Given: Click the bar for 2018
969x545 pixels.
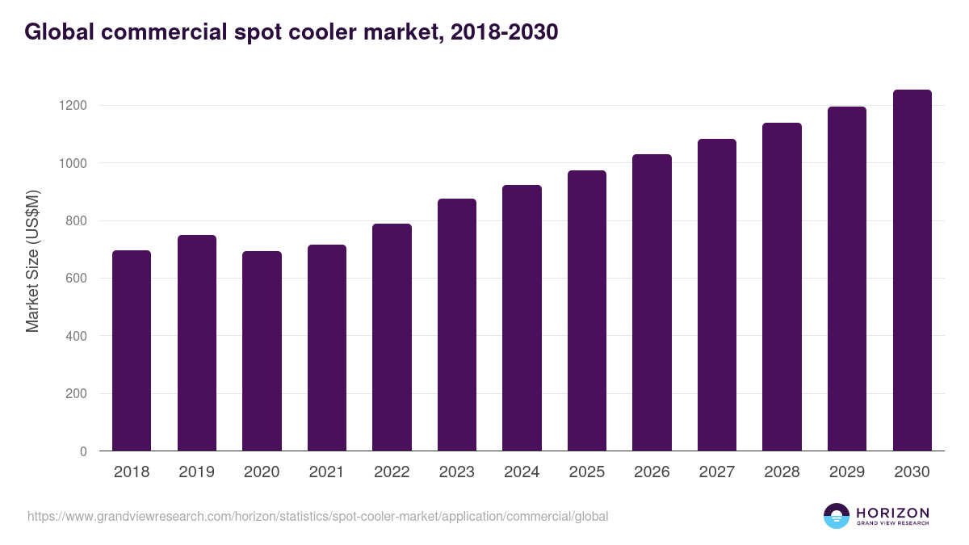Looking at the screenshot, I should [132, 350].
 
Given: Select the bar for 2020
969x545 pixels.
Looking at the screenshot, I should [262, 351].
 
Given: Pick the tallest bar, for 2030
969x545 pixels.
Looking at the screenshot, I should [912, 270].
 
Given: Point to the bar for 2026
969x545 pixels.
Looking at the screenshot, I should [652, 303].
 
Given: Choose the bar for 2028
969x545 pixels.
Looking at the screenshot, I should [782, 287].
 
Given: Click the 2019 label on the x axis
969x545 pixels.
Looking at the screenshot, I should [196, 472].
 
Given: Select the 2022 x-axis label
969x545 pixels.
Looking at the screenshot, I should [392, 472].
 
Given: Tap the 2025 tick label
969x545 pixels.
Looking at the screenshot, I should [586, 472].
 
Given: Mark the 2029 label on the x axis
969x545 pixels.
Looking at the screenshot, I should [846, 472].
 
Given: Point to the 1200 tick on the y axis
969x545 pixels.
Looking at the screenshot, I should [72, 106].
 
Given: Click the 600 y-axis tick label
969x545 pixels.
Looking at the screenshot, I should [76, 279].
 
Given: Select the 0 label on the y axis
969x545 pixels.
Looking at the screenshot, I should [83, 451].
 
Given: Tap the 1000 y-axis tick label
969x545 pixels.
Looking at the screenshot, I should [72, 163].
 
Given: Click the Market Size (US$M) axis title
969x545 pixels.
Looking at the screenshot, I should [32, 261].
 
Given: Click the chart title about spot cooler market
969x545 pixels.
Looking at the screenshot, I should [291, 32].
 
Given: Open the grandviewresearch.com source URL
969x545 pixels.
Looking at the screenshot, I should [317, 516].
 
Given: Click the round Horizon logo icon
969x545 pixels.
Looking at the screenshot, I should [837, 516].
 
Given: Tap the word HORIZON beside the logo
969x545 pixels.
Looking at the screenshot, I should [892, 513].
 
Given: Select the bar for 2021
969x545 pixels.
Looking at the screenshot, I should [326, 348].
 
